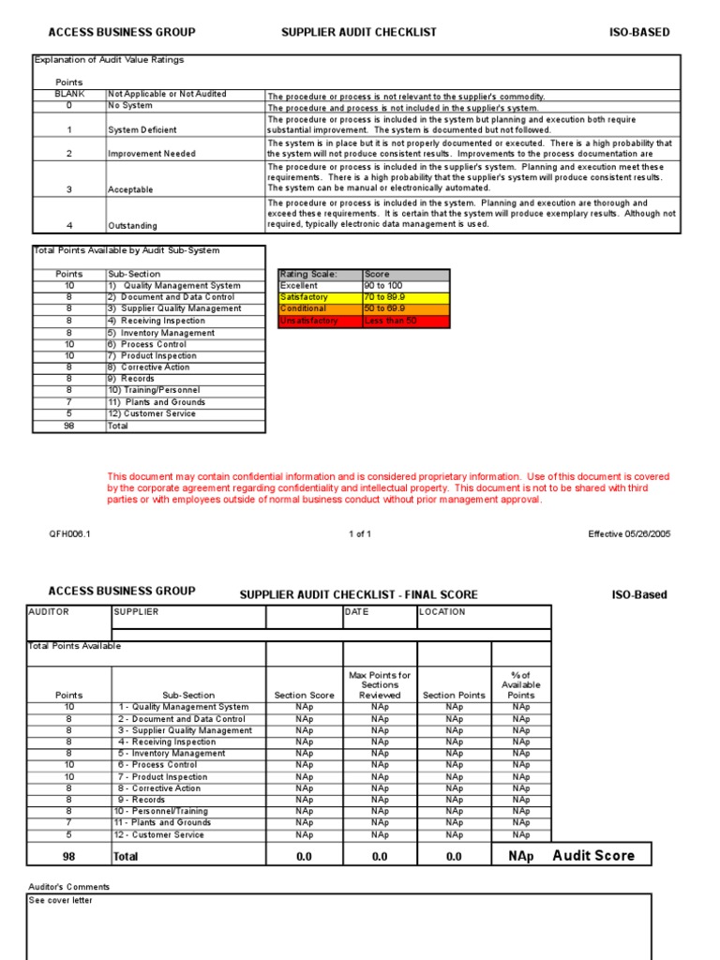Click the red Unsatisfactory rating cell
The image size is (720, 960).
coord(320,321)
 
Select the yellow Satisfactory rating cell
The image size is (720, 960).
coord(320,297)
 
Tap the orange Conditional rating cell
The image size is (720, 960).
coord(320,308)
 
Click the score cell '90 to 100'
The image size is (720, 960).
coord(405,285)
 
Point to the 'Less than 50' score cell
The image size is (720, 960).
coord(405,321)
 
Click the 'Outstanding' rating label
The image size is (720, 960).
coord(133,226)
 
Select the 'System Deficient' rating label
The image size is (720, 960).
coord(142,130)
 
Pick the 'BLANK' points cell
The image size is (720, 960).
coord(69,95)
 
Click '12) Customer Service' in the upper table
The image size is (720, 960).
coord(151,413)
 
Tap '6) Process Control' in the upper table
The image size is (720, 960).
coord(146,344)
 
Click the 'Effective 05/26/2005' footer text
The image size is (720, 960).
coord(629,534)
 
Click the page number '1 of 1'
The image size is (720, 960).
coord(360,534)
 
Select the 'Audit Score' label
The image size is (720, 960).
coord(593,855)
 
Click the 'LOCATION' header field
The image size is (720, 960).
coord(443,612)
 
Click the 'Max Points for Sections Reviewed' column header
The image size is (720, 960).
coord(380,685)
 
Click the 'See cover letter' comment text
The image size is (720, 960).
coord(61,901)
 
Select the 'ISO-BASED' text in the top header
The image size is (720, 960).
coord(639,32)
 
